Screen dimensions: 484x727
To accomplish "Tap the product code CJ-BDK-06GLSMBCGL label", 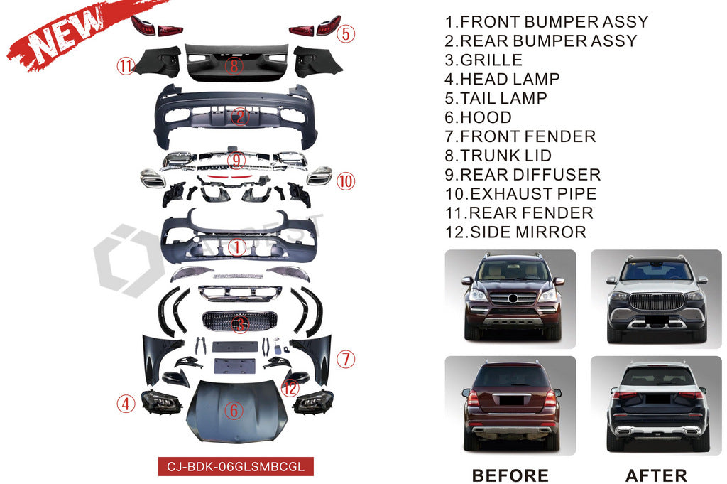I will point(235,467).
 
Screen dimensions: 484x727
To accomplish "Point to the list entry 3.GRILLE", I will point(483,60).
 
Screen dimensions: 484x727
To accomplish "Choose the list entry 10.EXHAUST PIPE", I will point(520,193).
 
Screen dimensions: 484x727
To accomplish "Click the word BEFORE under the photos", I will point(510,475).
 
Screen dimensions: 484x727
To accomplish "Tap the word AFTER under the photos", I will point(655,475).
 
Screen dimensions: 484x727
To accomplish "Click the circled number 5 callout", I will point(346,33).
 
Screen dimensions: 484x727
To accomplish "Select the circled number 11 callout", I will point(126,67).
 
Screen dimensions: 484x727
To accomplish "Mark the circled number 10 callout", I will point(345,181).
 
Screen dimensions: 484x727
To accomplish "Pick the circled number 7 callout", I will point(345,359).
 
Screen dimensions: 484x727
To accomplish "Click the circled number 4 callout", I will point(126,404).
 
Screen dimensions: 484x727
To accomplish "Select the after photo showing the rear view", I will point(655,404).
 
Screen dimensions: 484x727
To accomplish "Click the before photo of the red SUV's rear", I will point(510,404).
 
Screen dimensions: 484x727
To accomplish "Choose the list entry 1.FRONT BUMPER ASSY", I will point(547,22).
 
